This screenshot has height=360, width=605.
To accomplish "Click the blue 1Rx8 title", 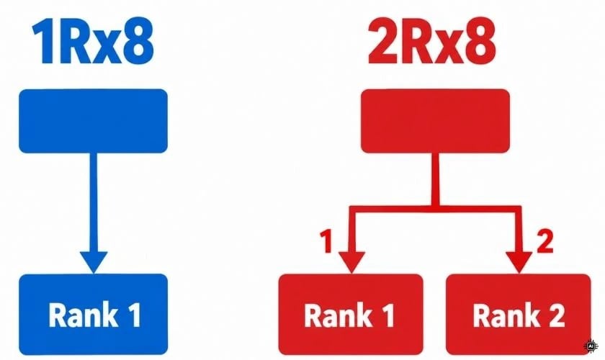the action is click(93, 42).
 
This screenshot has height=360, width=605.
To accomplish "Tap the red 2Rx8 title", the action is click(431, 42).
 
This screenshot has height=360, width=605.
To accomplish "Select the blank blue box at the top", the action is click(93, 121).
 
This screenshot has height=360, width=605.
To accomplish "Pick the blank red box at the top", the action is click(435, 121).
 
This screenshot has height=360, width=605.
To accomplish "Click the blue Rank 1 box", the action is click(94, 314).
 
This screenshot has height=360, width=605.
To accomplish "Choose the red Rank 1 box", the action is click(351, 314).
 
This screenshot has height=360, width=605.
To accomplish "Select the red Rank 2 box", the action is click(518, 314).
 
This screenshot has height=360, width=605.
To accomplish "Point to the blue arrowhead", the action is click(94, 261).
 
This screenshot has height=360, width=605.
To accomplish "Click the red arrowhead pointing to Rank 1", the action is click(351, 261).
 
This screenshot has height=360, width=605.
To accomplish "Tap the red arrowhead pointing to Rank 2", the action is click(519, 261).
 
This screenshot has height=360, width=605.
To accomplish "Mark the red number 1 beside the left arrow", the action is click(326, 241).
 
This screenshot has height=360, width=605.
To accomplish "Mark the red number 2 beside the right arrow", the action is click(544, 241).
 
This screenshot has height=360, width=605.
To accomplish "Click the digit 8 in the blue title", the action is click(138, 42).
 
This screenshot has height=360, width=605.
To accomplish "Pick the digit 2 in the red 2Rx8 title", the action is click(382, 42).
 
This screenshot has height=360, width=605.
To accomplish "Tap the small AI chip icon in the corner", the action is click(591, 346).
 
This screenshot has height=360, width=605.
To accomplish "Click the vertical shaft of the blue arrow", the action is click(94, 202).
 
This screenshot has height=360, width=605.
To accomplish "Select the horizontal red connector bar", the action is click(435, 209).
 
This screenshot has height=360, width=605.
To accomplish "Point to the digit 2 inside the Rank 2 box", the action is click(555, 315).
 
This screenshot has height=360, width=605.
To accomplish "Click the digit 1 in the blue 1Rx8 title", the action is click(43, 42).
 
